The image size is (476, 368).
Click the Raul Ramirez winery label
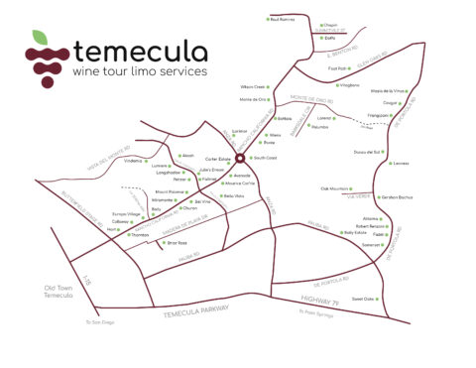click(285, 19)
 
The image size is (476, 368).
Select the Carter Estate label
click(217, 158)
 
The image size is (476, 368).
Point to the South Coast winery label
click(265, 158)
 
